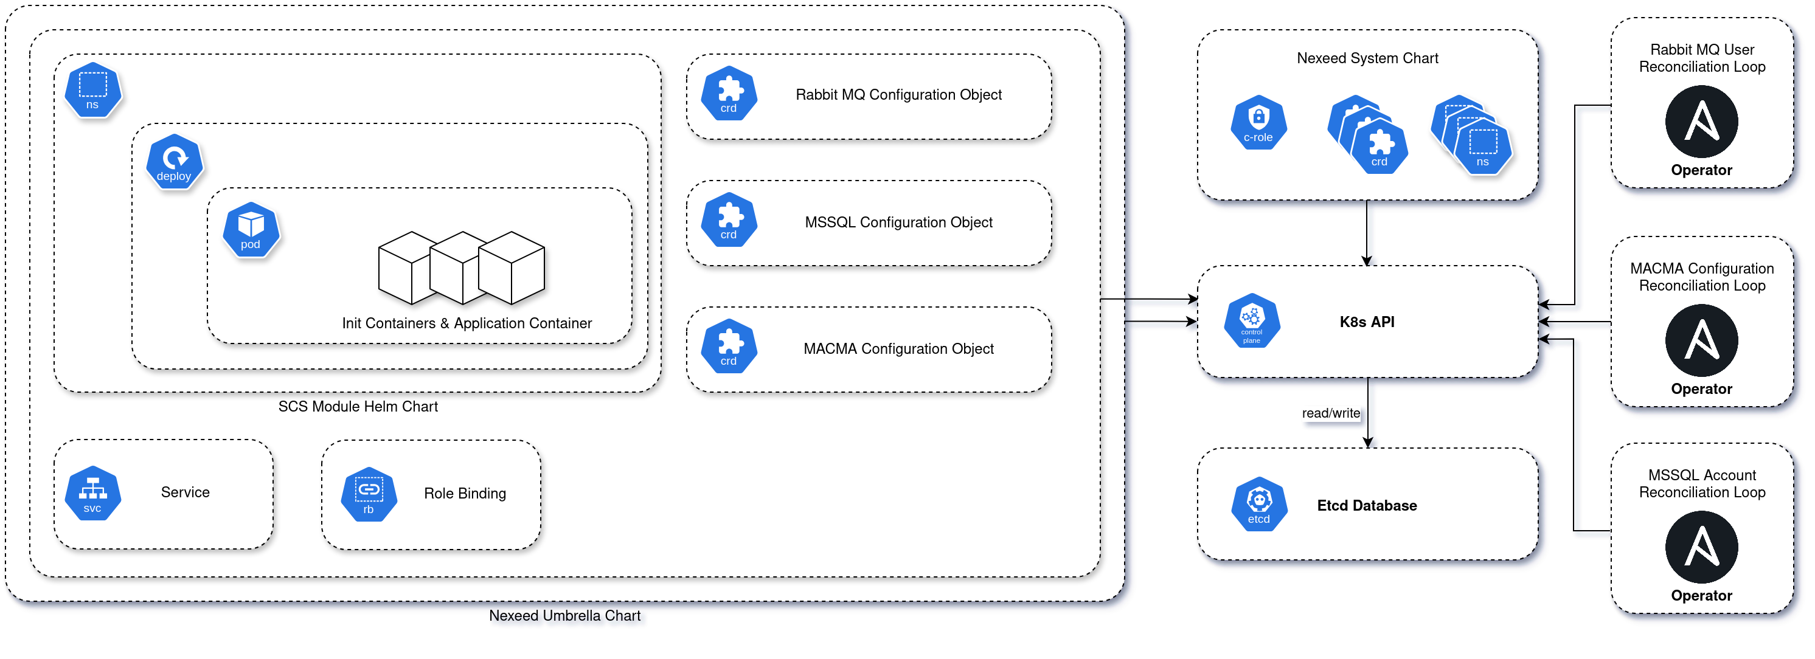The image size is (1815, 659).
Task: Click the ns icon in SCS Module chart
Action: [92, 90]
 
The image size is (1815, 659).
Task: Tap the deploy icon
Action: [174, 162]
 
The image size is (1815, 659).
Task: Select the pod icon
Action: [251, 230]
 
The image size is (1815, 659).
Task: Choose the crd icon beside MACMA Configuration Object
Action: [729, 347]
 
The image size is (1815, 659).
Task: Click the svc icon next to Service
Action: [92, 494]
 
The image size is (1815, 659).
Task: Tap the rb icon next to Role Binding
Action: [369, 495]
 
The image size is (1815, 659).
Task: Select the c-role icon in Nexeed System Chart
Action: [1258, 123]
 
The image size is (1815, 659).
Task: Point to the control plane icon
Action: [1251, 321]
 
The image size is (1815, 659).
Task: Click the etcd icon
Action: [1258, 505]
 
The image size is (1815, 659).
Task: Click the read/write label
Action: [1330, 413]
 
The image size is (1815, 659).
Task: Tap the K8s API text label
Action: [1366, 322]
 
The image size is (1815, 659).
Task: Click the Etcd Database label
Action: [1366, 506]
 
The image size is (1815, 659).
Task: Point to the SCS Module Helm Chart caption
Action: [358, 406]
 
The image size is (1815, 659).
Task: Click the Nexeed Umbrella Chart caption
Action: [564, 615]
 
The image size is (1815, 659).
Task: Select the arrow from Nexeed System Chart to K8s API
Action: [1366, 232]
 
